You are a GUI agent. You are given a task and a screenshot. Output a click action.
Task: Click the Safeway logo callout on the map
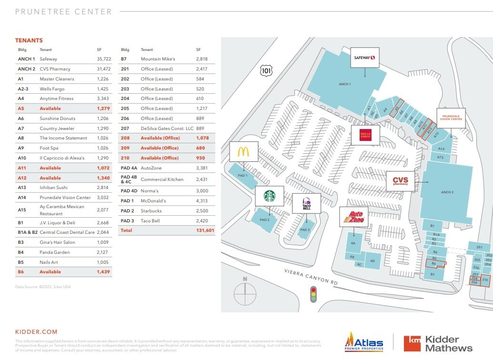click(x=365, y=58)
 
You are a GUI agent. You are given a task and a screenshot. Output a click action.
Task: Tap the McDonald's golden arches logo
click(x=243, y=152)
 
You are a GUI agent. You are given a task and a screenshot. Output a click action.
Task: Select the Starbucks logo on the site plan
click(x=270, y=196)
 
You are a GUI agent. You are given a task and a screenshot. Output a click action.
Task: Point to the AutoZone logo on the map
click(x=353, y=217)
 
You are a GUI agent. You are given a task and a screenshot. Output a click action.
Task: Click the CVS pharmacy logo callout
click(x=400, y=181)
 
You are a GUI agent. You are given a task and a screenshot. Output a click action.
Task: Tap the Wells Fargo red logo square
click(x=365, y=135)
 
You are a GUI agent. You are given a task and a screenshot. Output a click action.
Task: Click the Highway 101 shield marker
click(x=266, y=70)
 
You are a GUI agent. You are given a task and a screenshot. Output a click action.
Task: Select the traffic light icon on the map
click(x=313, y=294)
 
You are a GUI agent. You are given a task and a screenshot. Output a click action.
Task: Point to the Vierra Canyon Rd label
click(x=311, y=276)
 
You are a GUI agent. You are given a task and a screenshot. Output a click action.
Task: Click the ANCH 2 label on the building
click(x=447, y=192)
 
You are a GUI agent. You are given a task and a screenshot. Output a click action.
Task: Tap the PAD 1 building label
click(x=242, y=176)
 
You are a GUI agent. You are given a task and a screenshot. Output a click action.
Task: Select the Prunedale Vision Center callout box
click(x=452, y=118)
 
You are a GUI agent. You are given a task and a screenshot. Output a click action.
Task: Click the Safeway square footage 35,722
click(x=103, y=59)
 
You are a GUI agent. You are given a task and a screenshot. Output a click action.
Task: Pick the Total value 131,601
click(x=205, y=230)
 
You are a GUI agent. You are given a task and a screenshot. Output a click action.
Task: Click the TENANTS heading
click(x=29, y=40)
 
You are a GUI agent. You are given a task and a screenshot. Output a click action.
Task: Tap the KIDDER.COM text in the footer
click(x=36, y=332)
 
